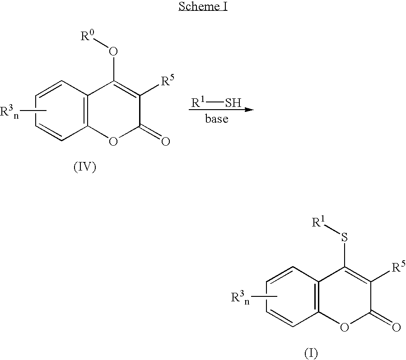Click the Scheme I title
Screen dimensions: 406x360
pos(203,6)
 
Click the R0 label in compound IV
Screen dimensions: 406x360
pos(87,36)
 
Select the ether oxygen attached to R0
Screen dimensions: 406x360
pos(113,51)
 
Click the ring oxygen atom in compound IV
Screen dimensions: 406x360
pos(113,142)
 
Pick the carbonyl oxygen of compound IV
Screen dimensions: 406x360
pos(165,142)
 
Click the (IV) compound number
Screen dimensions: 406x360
pos(85,167)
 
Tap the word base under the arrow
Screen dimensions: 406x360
pos(217,119)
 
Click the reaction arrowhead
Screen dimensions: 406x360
pos(249,110)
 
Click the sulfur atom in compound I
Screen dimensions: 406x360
pos(345,237)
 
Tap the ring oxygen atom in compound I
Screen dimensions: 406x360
pos(344,328)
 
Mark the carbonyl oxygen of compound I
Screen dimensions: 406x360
pos(397,328)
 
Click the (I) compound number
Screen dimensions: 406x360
pos(311,353)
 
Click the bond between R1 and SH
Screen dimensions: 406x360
pos(215,103)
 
